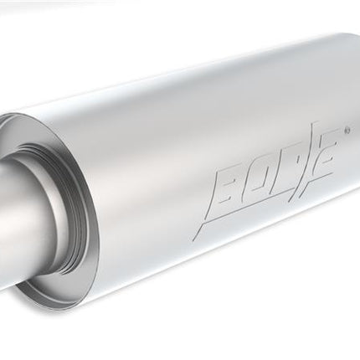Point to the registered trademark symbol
click(x=347, y=129)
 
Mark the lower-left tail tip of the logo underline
click(x=194, y=240)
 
